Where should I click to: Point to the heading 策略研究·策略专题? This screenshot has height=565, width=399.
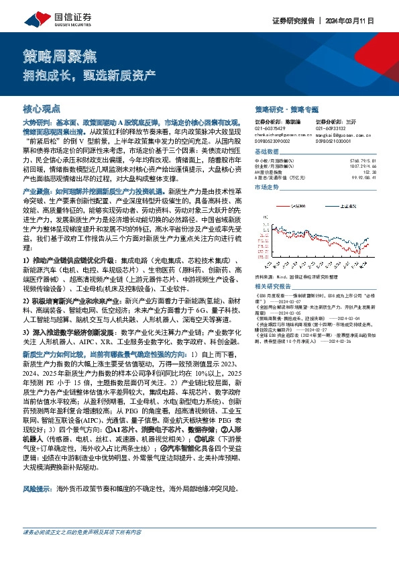coord(287,109)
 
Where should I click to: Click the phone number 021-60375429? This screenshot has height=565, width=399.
coord(270,128)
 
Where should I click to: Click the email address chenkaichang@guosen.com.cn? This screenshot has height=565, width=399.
coord(282,134)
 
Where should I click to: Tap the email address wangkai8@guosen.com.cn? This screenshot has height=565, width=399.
coord(337,134)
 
